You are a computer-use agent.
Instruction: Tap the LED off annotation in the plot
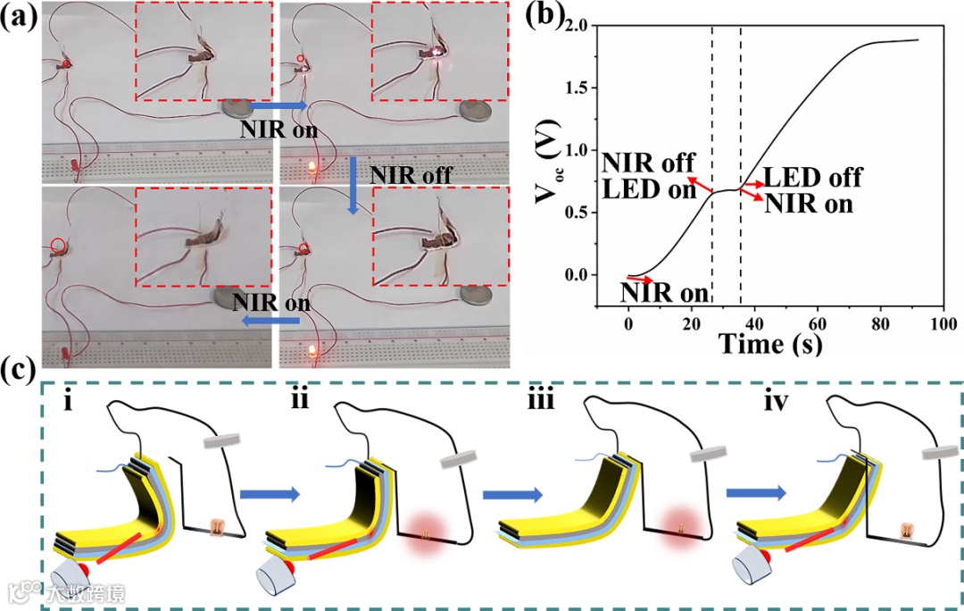pos(812,177)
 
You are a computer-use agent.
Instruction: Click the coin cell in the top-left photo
pos(236,108)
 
